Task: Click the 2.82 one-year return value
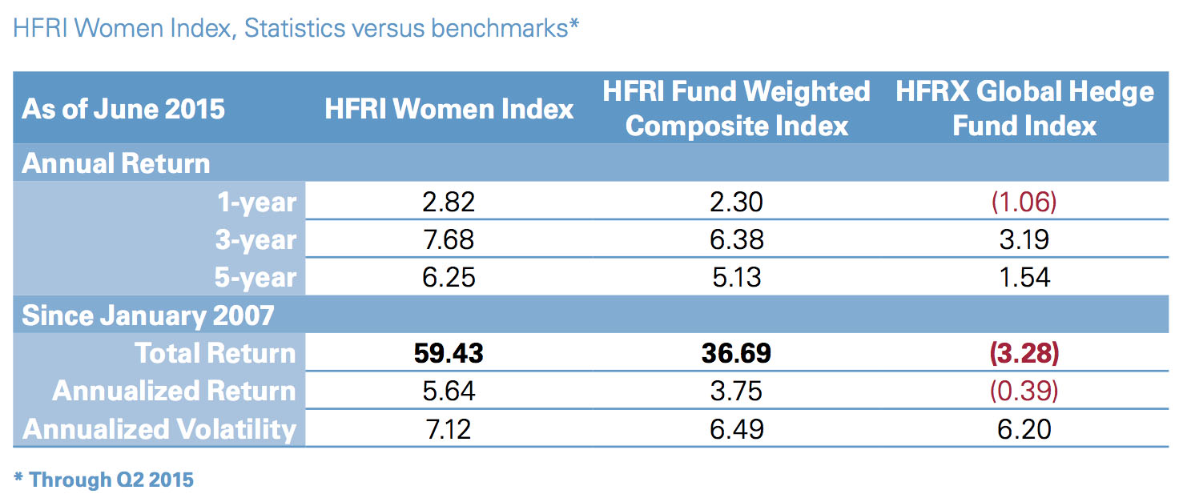coord(449,202)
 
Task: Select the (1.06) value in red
coord(1025,202)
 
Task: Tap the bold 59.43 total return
coord(449,353)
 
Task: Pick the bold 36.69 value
coord(736,353)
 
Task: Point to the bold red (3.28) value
coord(1025,353)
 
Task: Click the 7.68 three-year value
coord(449,239)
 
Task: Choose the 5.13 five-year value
coord(736,277)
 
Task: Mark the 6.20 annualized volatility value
coord(1025,429)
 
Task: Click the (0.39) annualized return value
coord(1025,391)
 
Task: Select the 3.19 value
coord(1025,239)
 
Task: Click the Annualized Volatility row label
coord(159,429)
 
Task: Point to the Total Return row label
coord(215,353)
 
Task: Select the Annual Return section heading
coord(115,163)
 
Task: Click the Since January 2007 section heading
coord(147,315)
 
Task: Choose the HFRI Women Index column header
coord(449,109)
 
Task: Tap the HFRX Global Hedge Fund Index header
coord(1025,109)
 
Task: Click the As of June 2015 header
coord(123,109)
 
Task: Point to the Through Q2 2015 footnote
coord(104,480)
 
